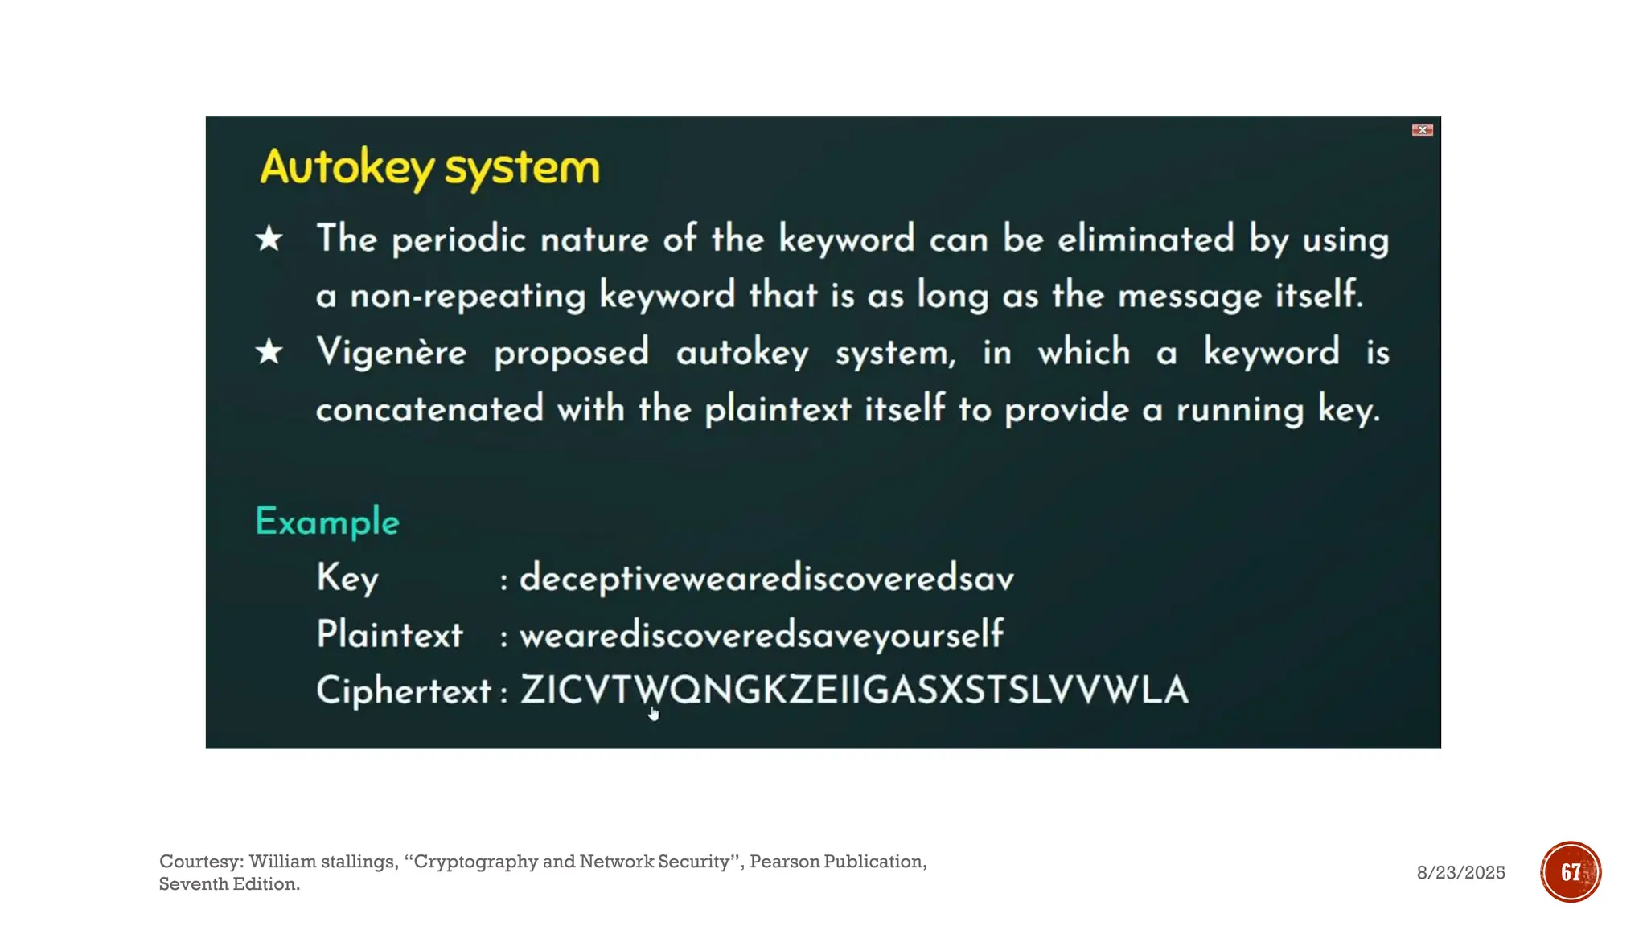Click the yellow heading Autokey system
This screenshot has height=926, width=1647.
pos(429,168)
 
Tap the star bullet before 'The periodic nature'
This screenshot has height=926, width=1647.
pos(269,239)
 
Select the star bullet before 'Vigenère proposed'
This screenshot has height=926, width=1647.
pos(269,352)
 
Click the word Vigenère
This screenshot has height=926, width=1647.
pos(392,353)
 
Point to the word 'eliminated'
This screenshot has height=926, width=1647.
pos(1145,240)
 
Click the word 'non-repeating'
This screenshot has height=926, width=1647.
pos(467,296)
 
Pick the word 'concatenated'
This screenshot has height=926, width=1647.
pos(429,409)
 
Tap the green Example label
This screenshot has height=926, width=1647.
pos(327,522)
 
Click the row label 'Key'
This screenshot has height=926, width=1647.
pos(347,578)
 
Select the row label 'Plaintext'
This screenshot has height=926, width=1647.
pos(390,634)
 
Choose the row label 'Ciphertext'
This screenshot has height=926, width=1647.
pos(403,690)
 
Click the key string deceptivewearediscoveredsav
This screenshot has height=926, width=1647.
pos(766,579)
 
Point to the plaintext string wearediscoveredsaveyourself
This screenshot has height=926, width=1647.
pos(762,635)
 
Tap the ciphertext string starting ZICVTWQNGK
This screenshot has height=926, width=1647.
pos(854,690)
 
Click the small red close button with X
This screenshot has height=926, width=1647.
pos(1422,130)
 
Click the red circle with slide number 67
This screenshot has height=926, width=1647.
pos(1571,872)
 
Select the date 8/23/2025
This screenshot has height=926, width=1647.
pos(1460,873)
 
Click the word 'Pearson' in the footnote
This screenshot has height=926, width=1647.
pos(782,862)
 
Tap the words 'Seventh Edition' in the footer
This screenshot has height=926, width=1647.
pos(229,884)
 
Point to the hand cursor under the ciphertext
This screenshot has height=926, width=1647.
pos(653,714)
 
